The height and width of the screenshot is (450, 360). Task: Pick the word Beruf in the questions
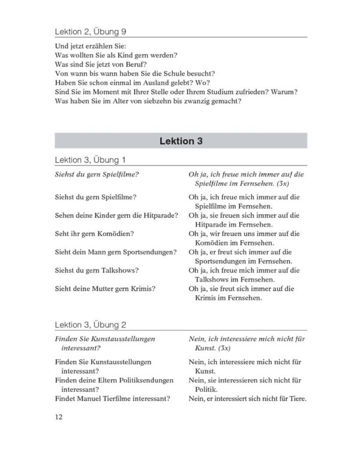pos(132,64)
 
